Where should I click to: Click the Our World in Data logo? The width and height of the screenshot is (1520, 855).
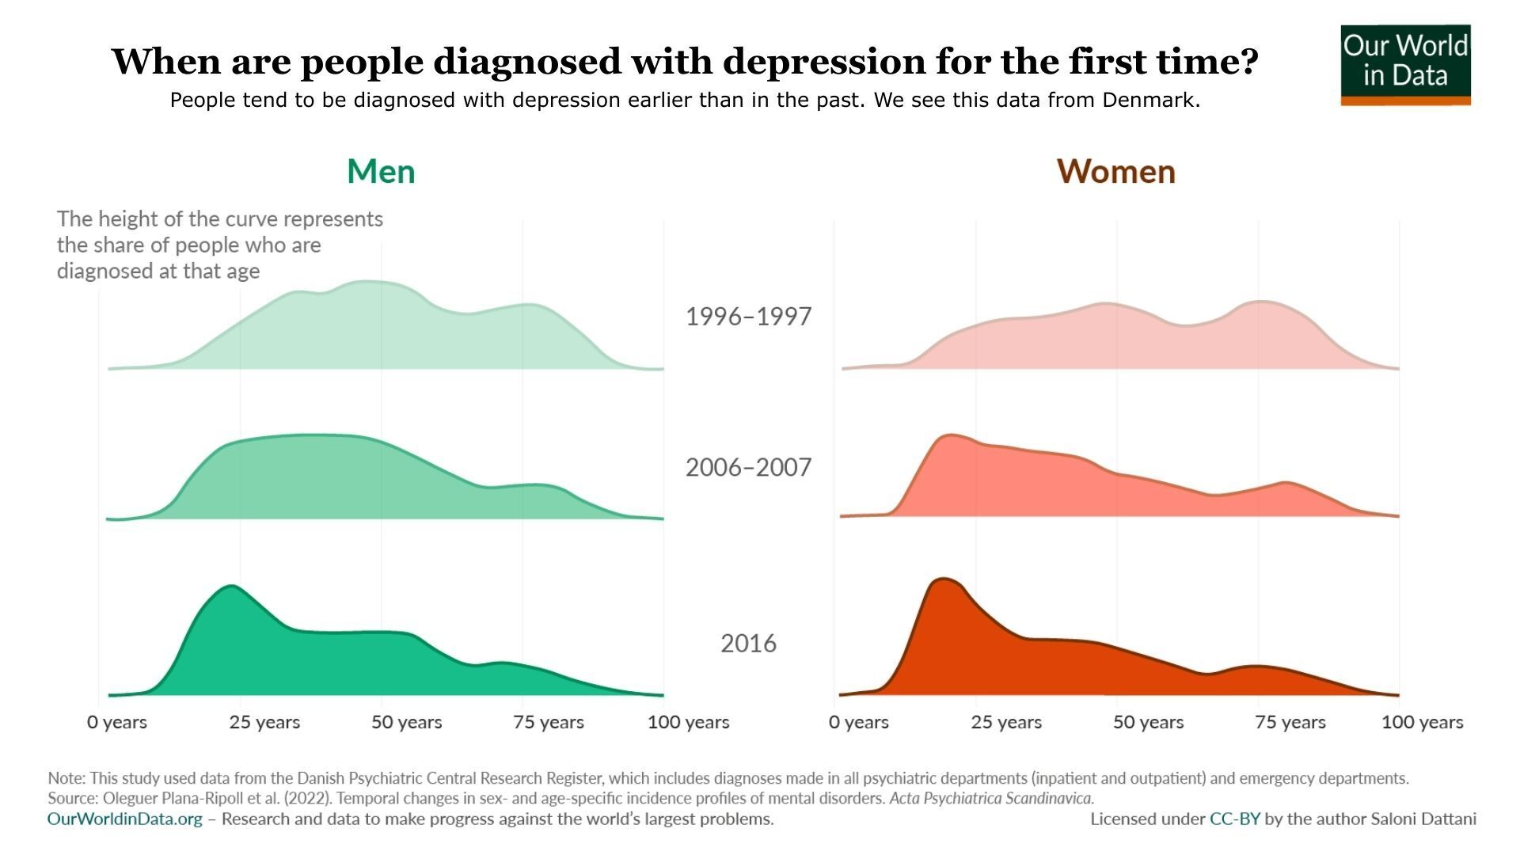(x=1405, y=63)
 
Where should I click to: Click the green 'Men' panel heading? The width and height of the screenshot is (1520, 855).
(x=381, y=172)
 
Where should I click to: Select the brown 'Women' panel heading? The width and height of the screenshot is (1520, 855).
(x=1115, y=172)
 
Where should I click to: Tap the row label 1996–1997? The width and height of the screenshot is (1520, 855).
(x=748, y=317)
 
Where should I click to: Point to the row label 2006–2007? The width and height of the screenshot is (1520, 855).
(x=748, y=467)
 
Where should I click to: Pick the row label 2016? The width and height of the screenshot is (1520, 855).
(x=748, y=644)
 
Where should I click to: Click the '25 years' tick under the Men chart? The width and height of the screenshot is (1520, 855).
(x=264, y=722)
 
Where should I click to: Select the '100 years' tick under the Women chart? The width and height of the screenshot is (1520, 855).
(x=1422, y=722)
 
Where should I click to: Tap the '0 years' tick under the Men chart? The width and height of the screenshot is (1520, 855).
(x=117, y=722)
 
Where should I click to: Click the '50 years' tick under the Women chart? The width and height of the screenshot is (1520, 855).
(x=1148, y=722)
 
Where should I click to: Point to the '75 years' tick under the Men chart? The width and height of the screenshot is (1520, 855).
(x=549, y=722)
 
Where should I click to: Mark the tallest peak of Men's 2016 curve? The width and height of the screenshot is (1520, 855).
(x=231, y=587)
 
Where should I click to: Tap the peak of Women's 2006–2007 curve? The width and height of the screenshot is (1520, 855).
(x=949, y=435)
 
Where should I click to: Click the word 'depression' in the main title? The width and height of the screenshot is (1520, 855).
(x=823, y=61)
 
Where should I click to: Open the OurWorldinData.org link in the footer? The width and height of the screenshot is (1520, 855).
(x=125, y=819)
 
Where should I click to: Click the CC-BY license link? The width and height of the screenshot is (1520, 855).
(x=1234, y=819)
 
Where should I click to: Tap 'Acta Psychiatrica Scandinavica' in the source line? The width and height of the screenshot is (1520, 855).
(x=991, y=798)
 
